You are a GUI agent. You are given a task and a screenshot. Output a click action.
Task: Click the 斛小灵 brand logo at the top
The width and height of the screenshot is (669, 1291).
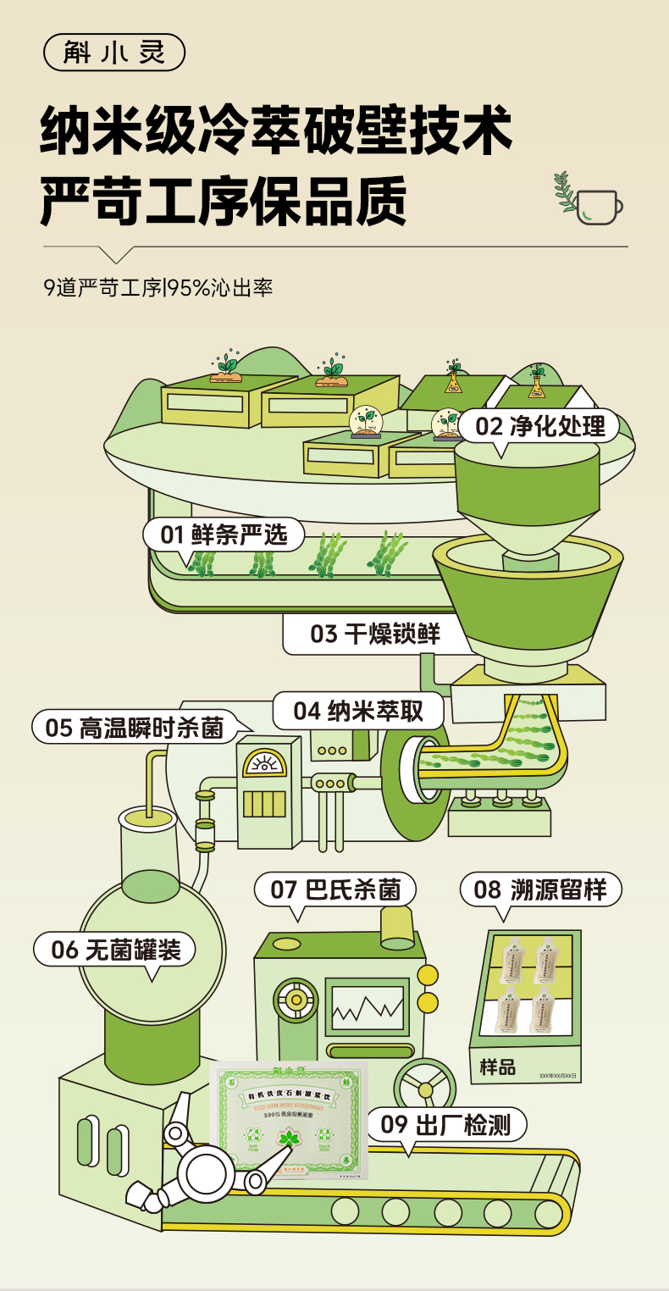[113, 53]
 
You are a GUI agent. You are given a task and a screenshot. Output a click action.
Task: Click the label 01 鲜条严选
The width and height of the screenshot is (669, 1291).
[224, 535]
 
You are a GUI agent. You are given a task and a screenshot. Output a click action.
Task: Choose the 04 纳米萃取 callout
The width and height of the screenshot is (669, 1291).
[358, 711]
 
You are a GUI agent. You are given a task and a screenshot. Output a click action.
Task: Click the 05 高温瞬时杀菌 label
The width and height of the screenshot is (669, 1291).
[134, 727]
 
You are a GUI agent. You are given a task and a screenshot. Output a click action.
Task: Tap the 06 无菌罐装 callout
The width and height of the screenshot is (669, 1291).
[115, 950]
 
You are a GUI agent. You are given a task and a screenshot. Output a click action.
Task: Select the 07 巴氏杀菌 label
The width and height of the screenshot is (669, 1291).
[335, 889]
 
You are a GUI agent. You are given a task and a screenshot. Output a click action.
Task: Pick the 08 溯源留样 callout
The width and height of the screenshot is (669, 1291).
[540, 889]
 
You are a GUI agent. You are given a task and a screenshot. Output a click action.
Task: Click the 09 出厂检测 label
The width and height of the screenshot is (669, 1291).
[445, 1125]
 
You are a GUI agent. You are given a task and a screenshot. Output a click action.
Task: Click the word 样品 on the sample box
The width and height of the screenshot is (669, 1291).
[498, 1067]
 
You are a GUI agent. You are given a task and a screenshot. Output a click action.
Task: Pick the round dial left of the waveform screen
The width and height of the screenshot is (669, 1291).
[296, 1000]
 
